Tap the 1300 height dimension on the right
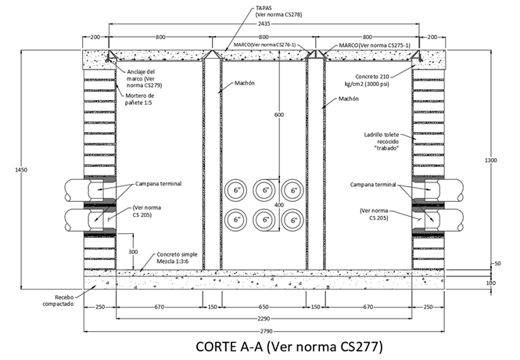tap(490, 160)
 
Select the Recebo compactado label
tap(58, 300)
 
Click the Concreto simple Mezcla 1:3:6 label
tap(178, 258)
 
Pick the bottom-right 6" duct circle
tap(293, 220)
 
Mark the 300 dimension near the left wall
tap(134, 252)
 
